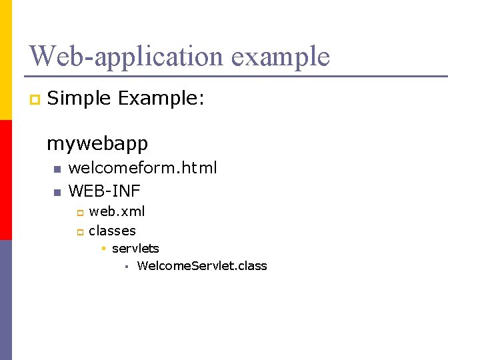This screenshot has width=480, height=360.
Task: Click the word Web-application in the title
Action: pyautogui.click(x=127, y=56)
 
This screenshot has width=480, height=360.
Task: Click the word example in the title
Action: pyautogui.click(x=281, y=57)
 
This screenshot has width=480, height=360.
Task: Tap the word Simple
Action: pyautogui.click(x=79, y=99)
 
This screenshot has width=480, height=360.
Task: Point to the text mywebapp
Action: pyautogui.click(x=97, y=143)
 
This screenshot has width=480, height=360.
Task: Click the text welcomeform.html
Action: pyautogui.click(x=143, y=168)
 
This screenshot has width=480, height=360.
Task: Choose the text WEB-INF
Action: pyautogui.click(x=105, y=191)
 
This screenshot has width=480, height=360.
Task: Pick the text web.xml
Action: pyautogui.click(x=117, y=211)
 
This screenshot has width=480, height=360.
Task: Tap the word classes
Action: pyautogui.click(x=112, y=231)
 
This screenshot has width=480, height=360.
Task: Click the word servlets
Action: pyautogui.click(x=135, y=248)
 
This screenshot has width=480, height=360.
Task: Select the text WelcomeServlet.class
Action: pyautogui.click(x=201, y=265)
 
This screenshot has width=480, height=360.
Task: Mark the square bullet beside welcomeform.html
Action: pyautogui.click(x=57, y=169)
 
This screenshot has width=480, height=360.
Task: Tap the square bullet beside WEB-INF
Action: pyautogui.click(x=57, y=193)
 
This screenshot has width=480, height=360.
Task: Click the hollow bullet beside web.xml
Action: pyautogui.click(x=79, y=213)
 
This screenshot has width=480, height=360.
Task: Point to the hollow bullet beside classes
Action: pyautogui.click(x=79, y=232)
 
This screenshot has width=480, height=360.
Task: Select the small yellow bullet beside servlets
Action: pyautogui.click(x=103, y=249)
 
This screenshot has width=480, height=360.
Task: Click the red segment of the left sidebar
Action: pyautogui.click(x=6, y=180)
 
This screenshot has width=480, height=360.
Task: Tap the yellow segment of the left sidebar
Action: pyautogui.click(x=6, y=60)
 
